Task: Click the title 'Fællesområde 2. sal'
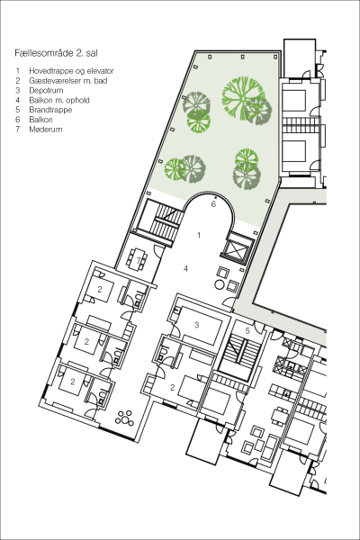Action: pos(56,53)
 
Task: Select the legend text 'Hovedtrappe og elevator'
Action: pos(71,71)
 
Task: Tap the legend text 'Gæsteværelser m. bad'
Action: pos(68,81)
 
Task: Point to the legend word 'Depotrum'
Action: pos(46,91)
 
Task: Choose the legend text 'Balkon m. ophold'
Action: pos(59,100)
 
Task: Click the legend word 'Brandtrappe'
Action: pos(50,110)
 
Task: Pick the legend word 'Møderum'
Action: pos(46,130)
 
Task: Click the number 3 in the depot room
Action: pos(197,325)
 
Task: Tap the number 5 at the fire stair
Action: pos(247,330)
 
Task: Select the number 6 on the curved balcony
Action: pos(213,204)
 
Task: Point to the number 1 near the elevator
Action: pos(199,235)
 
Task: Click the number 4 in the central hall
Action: pos(185,268)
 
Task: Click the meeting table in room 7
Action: pos(138,258)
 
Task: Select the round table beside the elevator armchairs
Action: pos(219,284)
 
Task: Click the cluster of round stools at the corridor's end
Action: pos(125,418)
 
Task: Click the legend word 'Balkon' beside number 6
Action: pos(41,120)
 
